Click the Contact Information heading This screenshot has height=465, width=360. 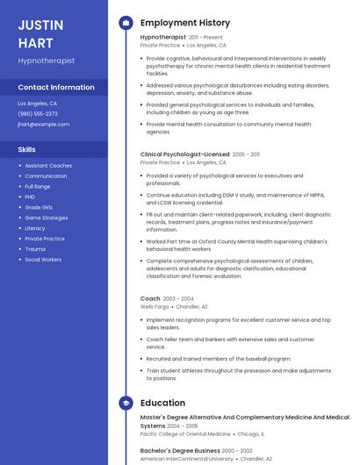56,88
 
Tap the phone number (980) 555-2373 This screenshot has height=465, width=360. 38,114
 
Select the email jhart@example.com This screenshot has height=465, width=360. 43,125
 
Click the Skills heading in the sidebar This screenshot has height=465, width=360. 26,150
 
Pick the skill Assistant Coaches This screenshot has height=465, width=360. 48,166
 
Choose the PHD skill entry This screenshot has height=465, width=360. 30,197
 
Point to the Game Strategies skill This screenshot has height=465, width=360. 46,218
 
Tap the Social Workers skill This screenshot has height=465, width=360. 43,260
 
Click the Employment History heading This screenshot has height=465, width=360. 185,23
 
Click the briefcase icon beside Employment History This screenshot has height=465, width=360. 125,23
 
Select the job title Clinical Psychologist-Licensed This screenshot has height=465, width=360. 184,154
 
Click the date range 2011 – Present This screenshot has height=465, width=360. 205,38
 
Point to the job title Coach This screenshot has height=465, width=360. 150,298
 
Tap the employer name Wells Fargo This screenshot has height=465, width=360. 154,307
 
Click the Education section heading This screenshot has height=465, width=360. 162,403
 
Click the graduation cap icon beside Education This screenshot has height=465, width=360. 125,403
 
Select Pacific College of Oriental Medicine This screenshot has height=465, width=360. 185,433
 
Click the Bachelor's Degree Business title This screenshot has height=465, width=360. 180,450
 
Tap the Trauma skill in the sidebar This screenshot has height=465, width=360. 35,249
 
